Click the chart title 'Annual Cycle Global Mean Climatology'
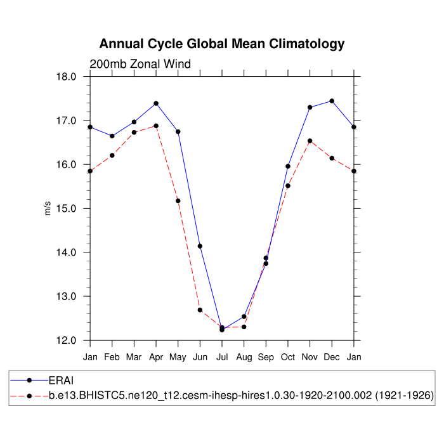pyautogui.click(x=222, y=44)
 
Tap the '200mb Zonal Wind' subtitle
pyautogui.click(x=140, y=63)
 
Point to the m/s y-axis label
pyautogui.click(x=48, y=208)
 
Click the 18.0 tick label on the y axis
pyautogui.click(x=66, y=77)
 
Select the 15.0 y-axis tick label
pyautogui.click(x=66, y=209)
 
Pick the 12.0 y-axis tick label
pyautogui.click(x=66, y=341)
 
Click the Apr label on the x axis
pyautogui.click(x=155, y=357)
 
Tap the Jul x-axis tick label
pyautogui.click(x=222, y=357)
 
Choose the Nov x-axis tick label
pyautogui.click(x=310, y=357)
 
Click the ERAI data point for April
pyautogui.click(x=156, y=103)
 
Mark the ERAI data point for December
pyautogui.click(x=332, y=101)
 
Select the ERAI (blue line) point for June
pyautogui.click(x=200, y=246)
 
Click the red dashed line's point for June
pyautogui.click(x=200, y=310)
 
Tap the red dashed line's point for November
pyautogui.click(x=310, y=141)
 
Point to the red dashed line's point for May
pyautogui.click(x=178, y=201)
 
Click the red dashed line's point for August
pyautogui.click(x=244, y=327)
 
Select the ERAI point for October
pyautogui.click(x=288, y=166)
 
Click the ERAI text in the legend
pyautogui.click(x=62, y=381)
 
